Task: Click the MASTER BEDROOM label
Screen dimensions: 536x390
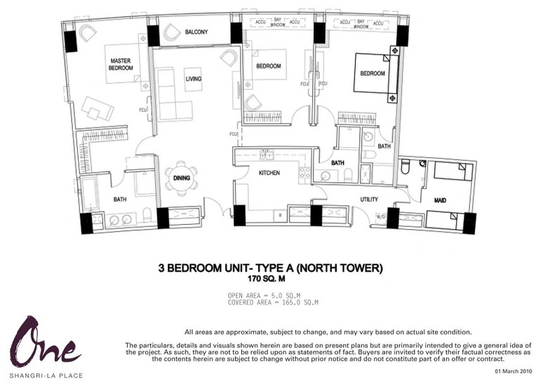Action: tap(121, 64)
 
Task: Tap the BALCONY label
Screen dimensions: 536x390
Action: tap(196, 32)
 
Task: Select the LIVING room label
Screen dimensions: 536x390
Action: tap(193, 79)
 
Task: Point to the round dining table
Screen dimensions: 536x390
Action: tap(181, 178)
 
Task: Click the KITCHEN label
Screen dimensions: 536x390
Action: tap(269, 173)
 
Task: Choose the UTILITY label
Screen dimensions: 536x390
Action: tap(369, 200)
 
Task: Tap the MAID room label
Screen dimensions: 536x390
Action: tap(440, 200)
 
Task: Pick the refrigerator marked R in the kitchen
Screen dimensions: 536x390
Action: tap(281, 216)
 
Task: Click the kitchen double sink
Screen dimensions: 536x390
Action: tap(267, 155)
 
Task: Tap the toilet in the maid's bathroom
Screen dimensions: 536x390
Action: tap(406, 167)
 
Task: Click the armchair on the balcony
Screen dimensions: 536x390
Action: tap(171, 33)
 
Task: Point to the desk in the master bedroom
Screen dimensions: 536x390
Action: tap(97, 109)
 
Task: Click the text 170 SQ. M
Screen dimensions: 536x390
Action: tap(267, 279)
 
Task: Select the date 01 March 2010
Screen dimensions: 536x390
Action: tap(513, 371)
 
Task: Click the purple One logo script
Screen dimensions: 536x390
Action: tap(45, 342)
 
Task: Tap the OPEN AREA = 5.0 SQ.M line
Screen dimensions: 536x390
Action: tap(264, 295)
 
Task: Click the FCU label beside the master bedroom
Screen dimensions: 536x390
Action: tap(143, 110)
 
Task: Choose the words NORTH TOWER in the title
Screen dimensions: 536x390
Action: tap(340, 268)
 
